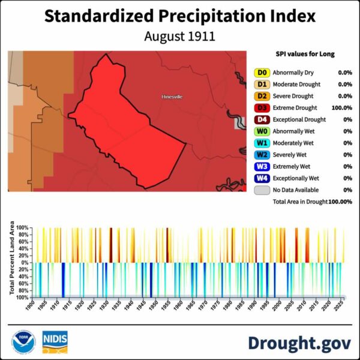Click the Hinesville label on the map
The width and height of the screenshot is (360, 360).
(x=172, y=97)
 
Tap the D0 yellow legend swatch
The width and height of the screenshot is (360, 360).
(x=262, y=73)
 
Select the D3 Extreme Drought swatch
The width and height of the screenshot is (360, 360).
(x=262, y=107)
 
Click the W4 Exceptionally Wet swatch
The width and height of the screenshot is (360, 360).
(x=262, y=178)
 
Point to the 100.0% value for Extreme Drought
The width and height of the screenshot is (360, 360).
(x=341, y=107)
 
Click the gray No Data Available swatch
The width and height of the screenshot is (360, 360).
(x=262, y=190)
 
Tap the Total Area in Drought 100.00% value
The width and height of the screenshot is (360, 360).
(x=340, y=202)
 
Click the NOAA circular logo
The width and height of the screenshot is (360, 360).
(x=23, y=342)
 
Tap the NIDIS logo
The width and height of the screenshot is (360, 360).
(x=55, y=342)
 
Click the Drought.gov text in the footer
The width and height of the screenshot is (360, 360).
(x=299, y=343)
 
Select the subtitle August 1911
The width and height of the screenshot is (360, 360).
(x=180, y=36)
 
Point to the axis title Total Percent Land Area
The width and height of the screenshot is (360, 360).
(x=12, y=258)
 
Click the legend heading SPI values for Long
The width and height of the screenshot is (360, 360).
(x=305, y=54)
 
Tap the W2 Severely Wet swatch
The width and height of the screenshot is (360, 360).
(x=262, y=155)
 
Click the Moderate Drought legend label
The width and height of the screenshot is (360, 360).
(x=296, y=84)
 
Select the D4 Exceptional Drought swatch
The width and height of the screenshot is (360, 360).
(x=262, y=119)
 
